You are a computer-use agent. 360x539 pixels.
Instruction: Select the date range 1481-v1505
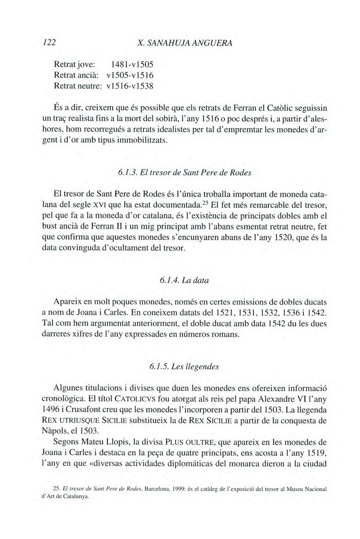click(132, 64)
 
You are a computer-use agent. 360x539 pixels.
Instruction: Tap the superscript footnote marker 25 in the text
click(205, 203)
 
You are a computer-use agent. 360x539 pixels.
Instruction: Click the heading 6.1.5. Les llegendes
click(184, 366)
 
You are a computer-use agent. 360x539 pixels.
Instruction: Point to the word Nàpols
click(55, 431)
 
